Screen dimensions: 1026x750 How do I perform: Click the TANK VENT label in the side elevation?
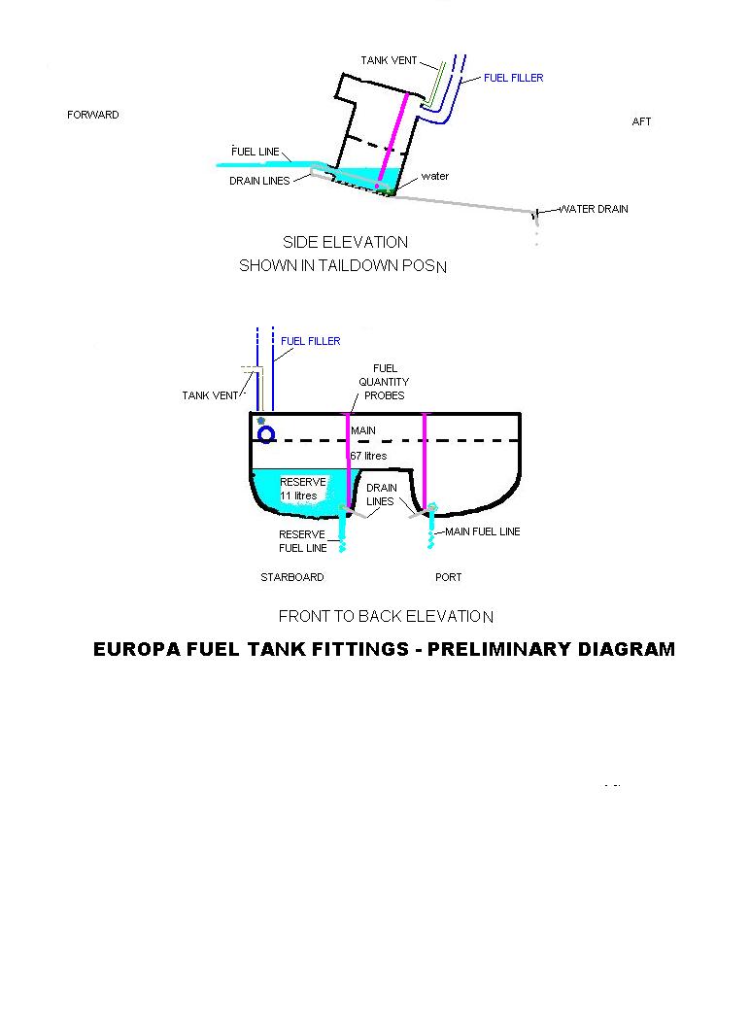pos(389,60)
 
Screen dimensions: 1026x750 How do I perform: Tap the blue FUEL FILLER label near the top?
pos(514,78)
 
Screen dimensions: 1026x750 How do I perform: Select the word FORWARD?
pos(93,115)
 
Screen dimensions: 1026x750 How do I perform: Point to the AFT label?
pos(641,121)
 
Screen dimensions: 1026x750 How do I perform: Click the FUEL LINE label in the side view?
pos(256,152)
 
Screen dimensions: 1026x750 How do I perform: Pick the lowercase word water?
pos(434,176)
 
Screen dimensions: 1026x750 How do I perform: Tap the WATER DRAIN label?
pos(595,209)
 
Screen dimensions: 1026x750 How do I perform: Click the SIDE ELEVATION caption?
pos(345,242)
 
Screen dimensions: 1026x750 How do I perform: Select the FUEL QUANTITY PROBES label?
pos(384,382)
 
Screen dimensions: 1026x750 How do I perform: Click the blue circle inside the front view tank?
pos(265,433)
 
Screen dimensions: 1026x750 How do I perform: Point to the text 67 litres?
pos(368,456)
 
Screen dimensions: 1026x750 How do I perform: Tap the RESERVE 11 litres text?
pos(302,489)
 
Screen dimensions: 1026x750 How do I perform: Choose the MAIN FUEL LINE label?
pos(483,531)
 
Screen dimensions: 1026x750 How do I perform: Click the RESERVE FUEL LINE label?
pos(302,541)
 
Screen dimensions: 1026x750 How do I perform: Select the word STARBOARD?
pos(291,577)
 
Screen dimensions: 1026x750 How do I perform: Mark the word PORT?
pos(449,577)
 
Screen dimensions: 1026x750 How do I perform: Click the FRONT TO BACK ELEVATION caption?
pos(386,616)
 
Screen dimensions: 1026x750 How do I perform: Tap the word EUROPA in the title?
pos(143,649)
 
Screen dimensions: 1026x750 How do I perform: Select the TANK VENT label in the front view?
pos(210,395)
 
